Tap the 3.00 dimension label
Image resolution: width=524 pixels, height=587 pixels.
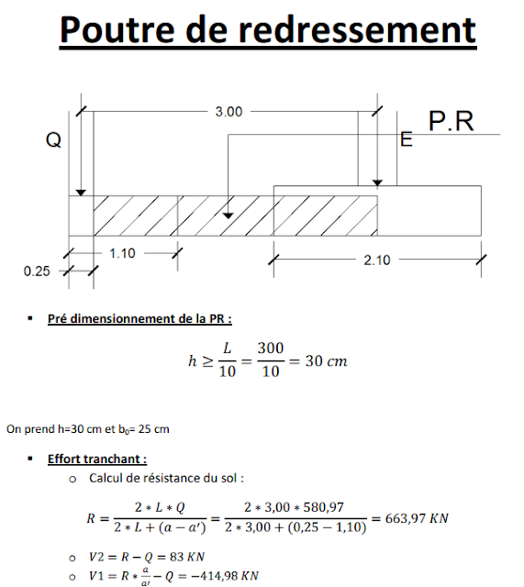pos(229,111)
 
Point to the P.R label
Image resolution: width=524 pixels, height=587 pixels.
pos(452,121)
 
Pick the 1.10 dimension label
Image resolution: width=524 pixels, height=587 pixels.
pos(121,253)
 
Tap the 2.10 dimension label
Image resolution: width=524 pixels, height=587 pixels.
pos(376,260)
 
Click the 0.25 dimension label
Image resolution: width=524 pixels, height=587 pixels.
pos(37,271)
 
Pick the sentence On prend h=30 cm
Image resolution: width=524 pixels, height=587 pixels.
pos(87,429)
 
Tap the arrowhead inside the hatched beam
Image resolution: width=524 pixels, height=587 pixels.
pos(229,214)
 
